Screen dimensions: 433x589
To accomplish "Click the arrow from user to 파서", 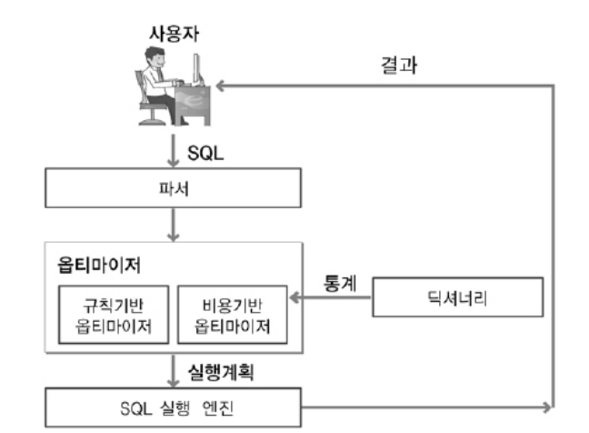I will (x=171, y=152).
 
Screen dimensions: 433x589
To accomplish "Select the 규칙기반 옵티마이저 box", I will (x=111, y=313).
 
